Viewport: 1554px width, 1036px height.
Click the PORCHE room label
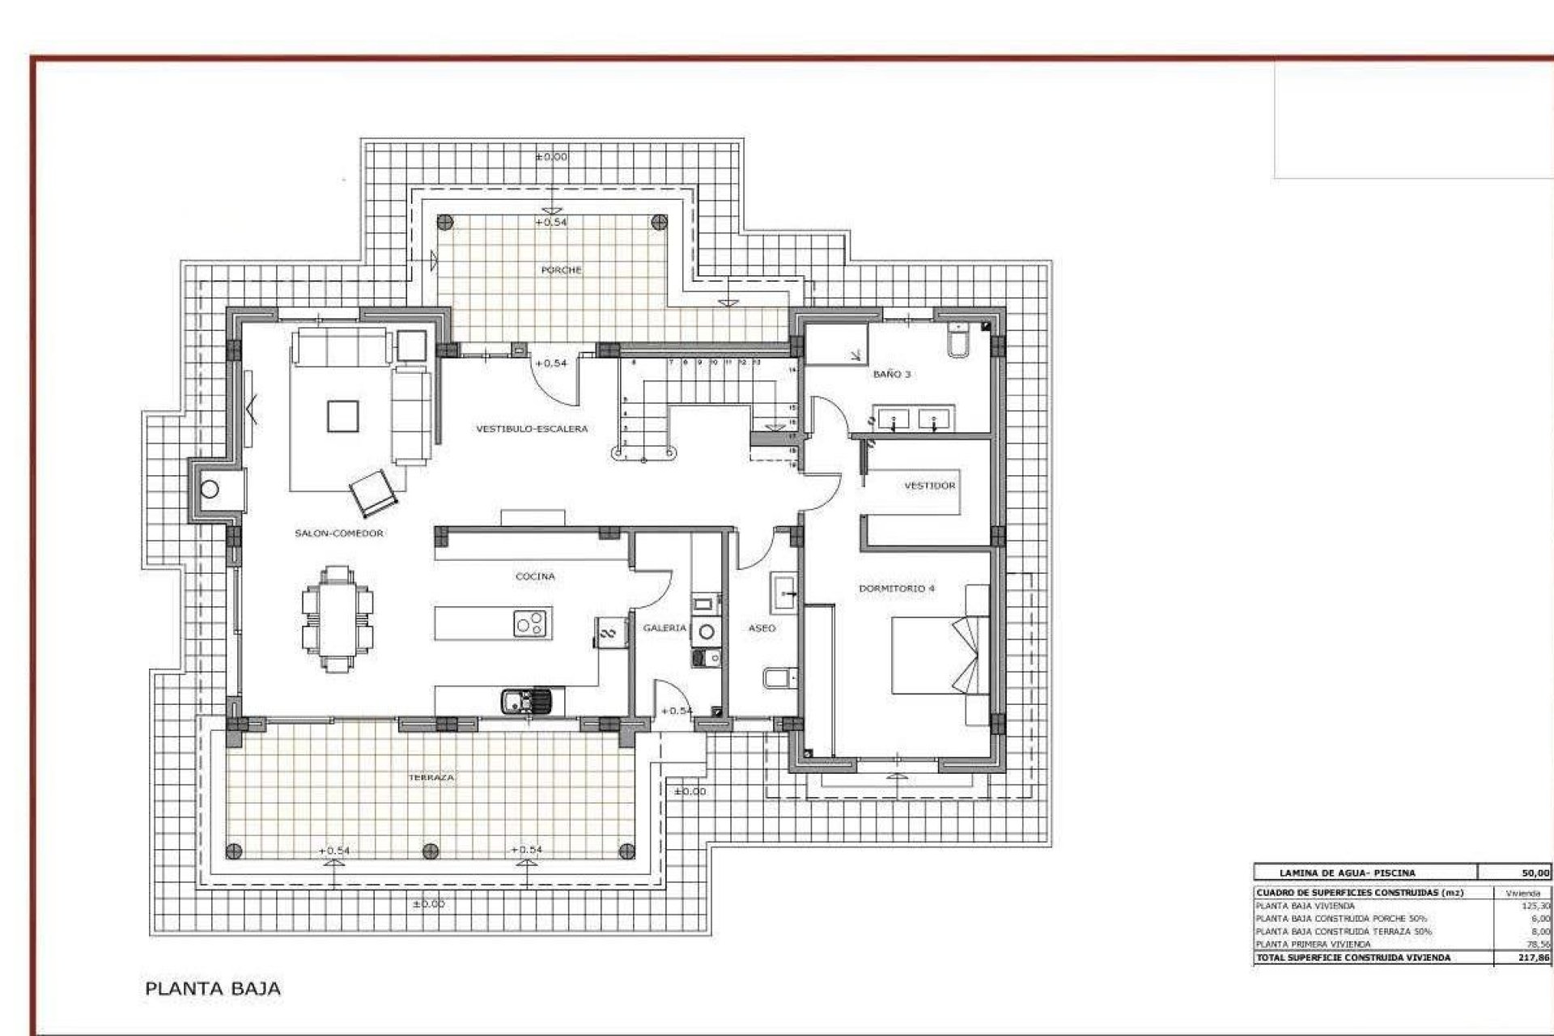[561, 270]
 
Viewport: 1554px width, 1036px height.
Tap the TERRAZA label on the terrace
[431, 777]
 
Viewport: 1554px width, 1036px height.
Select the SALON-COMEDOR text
[339, 533]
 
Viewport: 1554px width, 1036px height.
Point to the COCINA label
[535, 576]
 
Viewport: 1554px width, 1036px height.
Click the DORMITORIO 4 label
[896, 588]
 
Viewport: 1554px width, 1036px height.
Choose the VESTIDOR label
[929, 486]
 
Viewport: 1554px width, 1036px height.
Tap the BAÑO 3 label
[892, 374]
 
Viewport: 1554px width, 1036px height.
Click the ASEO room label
[762, 628]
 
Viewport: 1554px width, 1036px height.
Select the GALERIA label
[664, 628]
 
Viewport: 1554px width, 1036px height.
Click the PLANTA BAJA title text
[213, 988]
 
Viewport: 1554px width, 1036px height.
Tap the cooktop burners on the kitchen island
[532, 623]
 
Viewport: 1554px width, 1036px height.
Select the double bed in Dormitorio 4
[939, 654]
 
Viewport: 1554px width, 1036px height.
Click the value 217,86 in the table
[1535, 957]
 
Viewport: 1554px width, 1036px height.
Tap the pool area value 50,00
[1535, 873]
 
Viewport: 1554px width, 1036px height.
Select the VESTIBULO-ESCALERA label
[531, 429]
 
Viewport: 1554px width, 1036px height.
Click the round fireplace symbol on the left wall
[210, 489]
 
